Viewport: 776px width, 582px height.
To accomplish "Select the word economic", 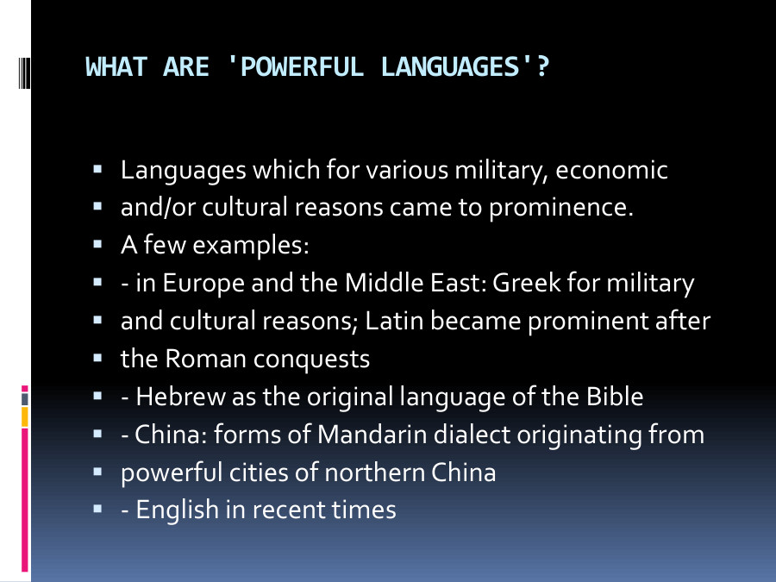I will click(611, 170).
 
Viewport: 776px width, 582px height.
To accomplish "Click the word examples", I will click(250, 246).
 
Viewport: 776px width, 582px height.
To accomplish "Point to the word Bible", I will click(614, 397).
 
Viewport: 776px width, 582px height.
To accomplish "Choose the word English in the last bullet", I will click(178, 510).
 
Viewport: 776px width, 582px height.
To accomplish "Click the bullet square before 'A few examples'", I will click(99, 245).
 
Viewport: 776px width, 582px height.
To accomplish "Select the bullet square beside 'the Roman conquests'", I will click(99, 358).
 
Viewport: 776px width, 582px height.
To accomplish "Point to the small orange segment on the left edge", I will click(25, 416).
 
